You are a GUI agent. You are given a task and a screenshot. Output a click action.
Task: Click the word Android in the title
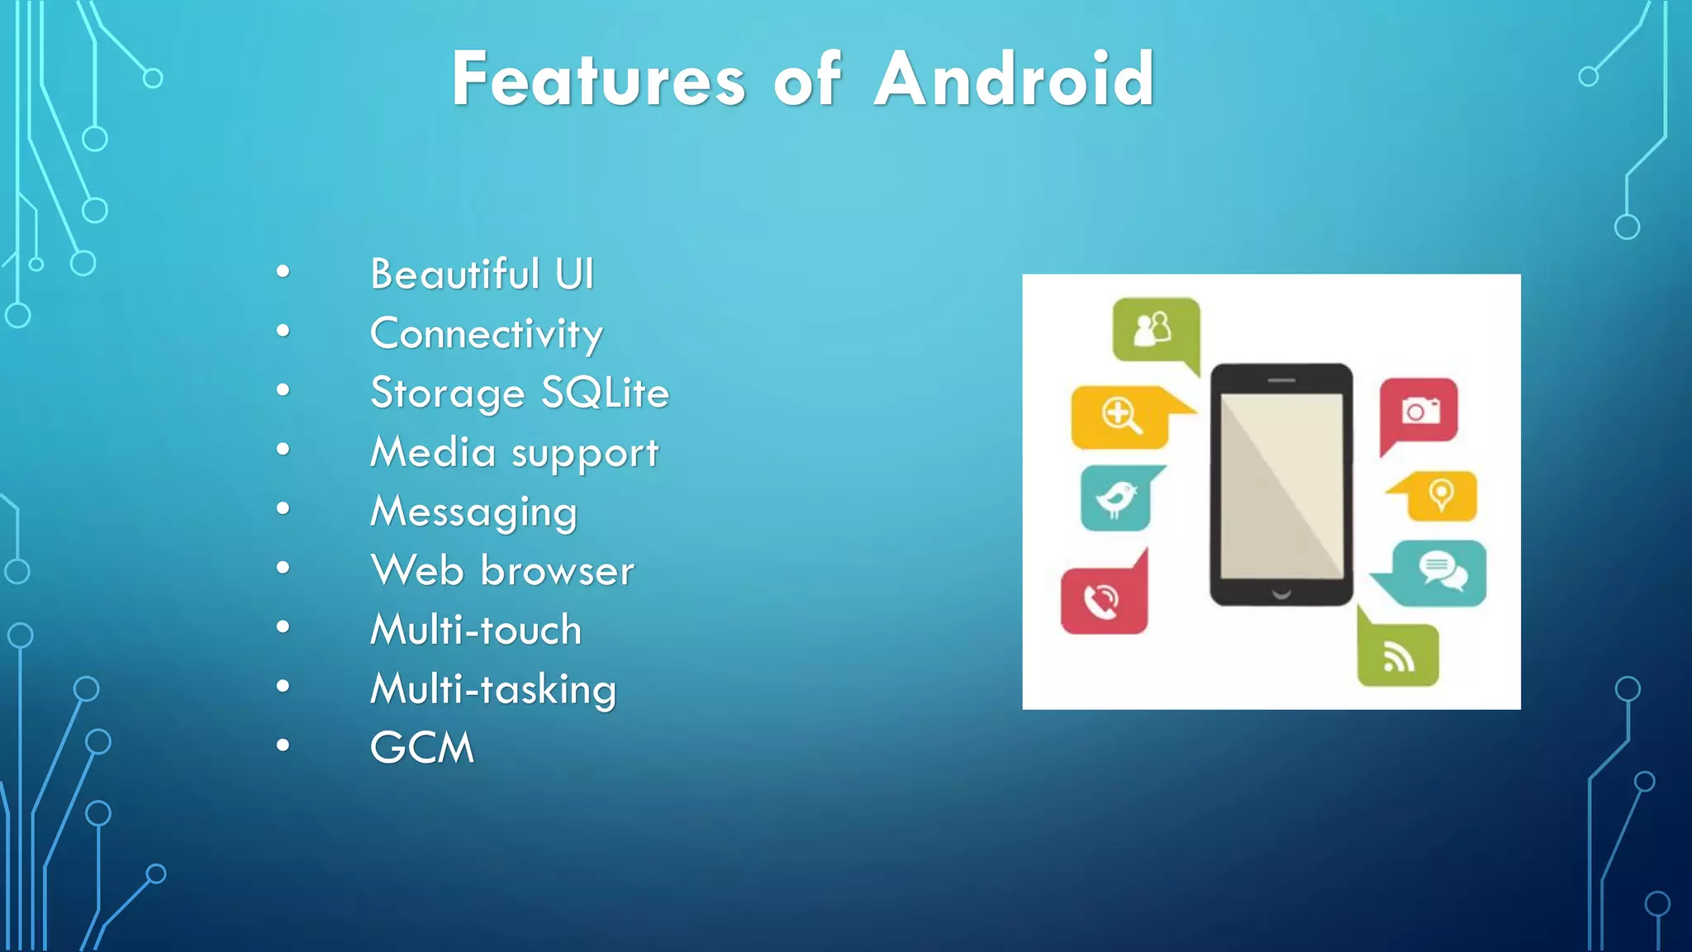[x=1014, y=79]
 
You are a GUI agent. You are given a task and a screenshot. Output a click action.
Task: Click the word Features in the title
[x=598, y=79]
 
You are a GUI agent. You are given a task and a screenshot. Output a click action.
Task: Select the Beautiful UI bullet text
[x=482, y=274]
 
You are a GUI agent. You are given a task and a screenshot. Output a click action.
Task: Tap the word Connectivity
[x=486, y=334]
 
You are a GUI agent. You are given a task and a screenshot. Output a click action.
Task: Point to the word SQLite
[x=605, y=393]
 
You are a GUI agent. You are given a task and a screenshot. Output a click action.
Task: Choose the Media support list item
[x=514, y=453]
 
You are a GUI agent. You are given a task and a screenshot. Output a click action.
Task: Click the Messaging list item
[x=473, y=512]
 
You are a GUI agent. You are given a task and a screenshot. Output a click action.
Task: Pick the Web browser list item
[x=502, y=571]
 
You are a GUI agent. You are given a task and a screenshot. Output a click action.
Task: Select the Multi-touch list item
[x=476, y=630]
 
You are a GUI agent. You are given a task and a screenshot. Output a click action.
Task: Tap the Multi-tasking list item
[x=493, y=689]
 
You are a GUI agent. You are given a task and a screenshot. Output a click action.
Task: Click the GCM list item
[x=421, y=748]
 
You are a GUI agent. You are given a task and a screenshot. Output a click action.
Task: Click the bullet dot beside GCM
[x=283, y=746]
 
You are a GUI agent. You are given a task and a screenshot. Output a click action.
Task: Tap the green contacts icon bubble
[x=1155, y=329]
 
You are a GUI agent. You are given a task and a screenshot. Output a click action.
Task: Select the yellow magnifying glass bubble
[x=1121, y=416]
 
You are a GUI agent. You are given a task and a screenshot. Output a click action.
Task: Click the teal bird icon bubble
[x=1115, y=498]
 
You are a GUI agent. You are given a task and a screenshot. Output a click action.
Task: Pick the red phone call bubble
[x=1104, y=601]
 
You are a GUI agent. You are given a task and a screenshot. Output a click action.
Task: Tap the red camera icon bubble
[x=1419, y=411]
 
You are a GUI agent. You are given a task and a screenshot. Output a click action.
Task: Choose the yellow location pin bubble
[x=1440, y=496]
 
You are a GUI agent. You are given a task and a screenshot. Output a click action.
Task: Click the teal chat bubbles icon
[x=1438, y=572]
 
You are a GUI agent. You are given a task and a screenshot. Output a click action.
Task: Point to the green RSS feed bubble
[x=1398, y=656]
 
